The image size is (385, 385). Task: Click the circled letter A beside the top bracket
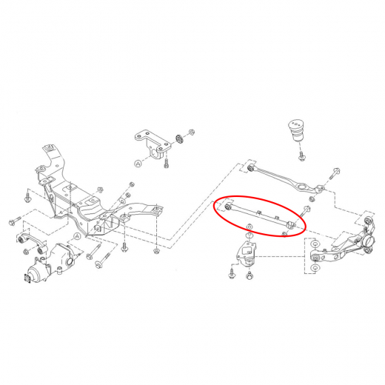click(138, 163)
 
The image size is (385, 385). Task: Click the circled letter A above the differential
click(77, 236)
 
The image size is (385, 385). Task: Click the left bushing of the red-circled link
click(228, 207)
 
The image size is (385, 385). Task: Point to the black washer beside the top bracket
click(179, 139)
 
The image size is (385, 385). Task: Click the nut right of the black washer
click(191, 132)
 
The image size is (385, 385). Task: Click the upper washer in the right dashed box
click(315, 244)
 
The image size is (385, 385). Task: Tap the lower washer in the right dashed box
click(315, 268)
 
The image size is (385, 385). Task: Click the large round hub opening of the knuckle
click(367, 241)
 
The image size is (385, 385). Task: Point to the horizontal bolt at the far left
click(16, 221)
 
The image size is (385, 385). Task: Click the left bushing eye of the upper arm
click(250, 168)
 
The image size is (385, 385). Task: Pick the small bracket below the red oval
click(247, 254)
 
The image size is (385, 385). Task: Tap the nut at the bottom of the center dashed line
click(155, 251)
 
